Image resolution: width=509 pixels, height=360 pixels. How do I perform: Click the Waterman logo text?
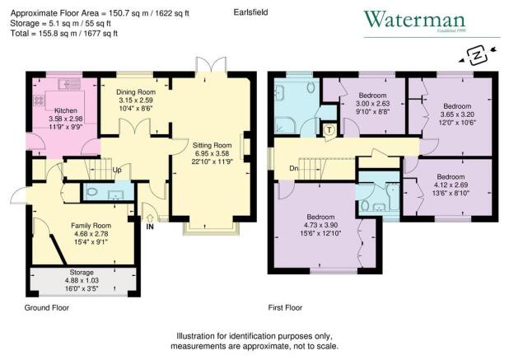point(418,20)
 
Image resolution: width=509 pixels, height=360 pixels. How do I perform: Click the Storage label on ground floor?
point(81,272)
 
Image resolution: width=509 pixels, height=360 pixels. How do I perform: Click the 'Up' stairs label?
point(118,171)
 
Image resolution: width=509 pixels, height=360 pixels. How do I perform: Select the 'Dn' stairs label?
point(294,168)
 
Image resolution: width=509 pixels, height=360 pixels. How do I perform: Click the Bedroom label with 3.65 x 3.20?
point(454,107)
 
